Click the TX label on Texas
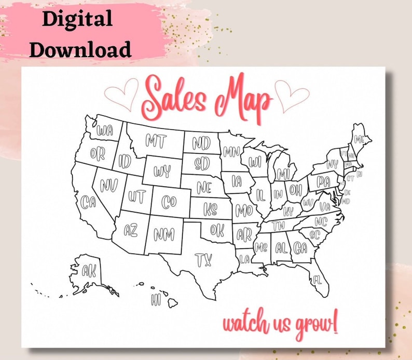(203, 259)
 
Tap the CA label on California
(88, 201)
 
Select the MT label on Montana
(156, 140)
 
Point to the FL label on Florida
(317, 280)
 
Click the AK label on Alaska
(89, 270)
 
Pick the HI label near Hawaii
(156, 299)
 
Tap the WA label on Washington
(104, 128)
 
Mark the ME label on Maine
(359, 139)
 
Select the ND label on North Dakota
(201, 142)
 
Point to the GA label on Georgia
(300, 248)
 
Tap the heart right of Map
(292, 95)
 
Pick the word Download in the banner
(79, 49)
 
